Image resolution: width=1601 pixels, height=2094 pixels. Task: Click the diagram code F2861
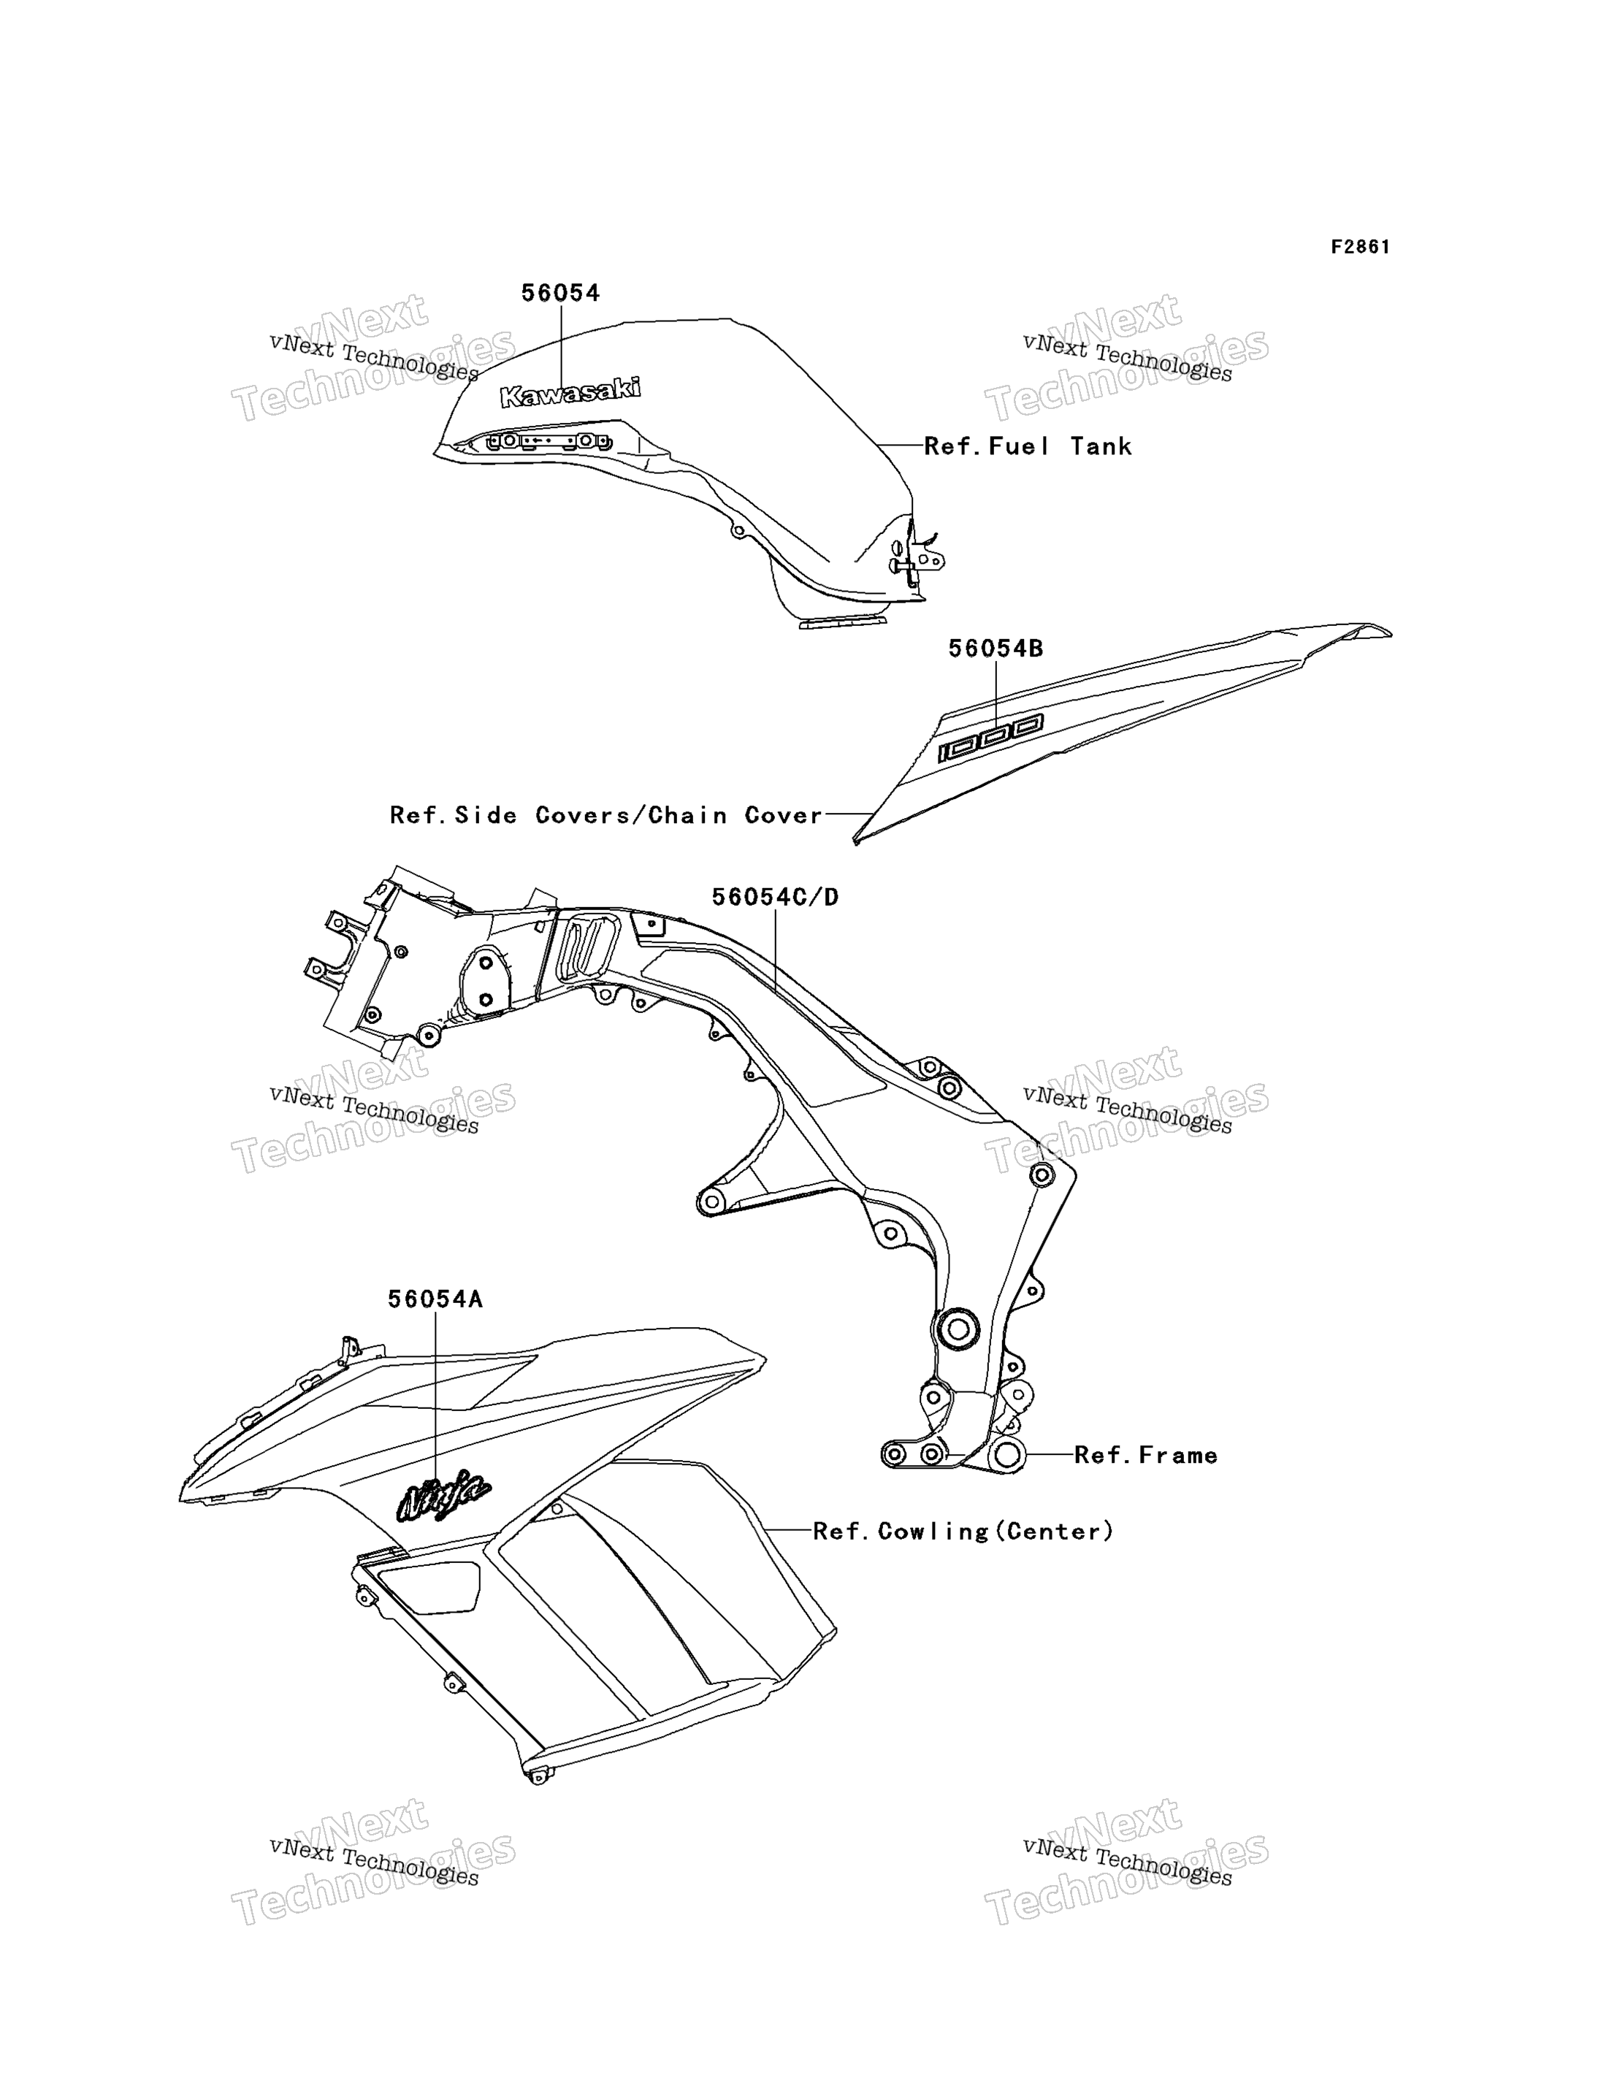(1360, 247)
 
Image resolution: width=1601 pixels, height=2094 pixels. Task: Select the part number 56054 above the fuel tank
(560, 294)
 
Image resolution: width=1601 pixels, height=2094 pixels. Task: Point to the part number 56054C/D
(775, 897)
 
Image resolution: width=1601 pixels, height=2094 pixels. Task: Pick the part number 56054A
(435, 1299)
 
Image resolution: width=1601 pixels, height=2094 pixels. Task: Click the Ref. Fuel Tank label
(1028, 446)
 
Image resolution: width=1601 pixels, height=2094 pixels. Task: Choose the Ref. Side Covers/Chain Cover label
(606, 815)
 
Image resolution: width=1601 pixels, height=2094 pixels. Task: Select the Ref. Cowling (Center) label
(963, 1531)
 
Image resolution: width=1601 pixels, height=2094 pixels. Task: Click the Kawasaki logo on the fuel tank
(570, 391)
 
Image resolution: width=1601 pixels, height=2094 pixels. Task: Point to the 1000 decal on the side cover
(990, 738)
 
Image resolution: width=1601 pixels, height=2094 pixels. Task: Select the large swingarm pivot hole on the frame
(958, 1329)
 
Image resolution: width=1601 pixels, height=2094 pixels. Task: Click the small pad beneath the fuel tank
(842, 622)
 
